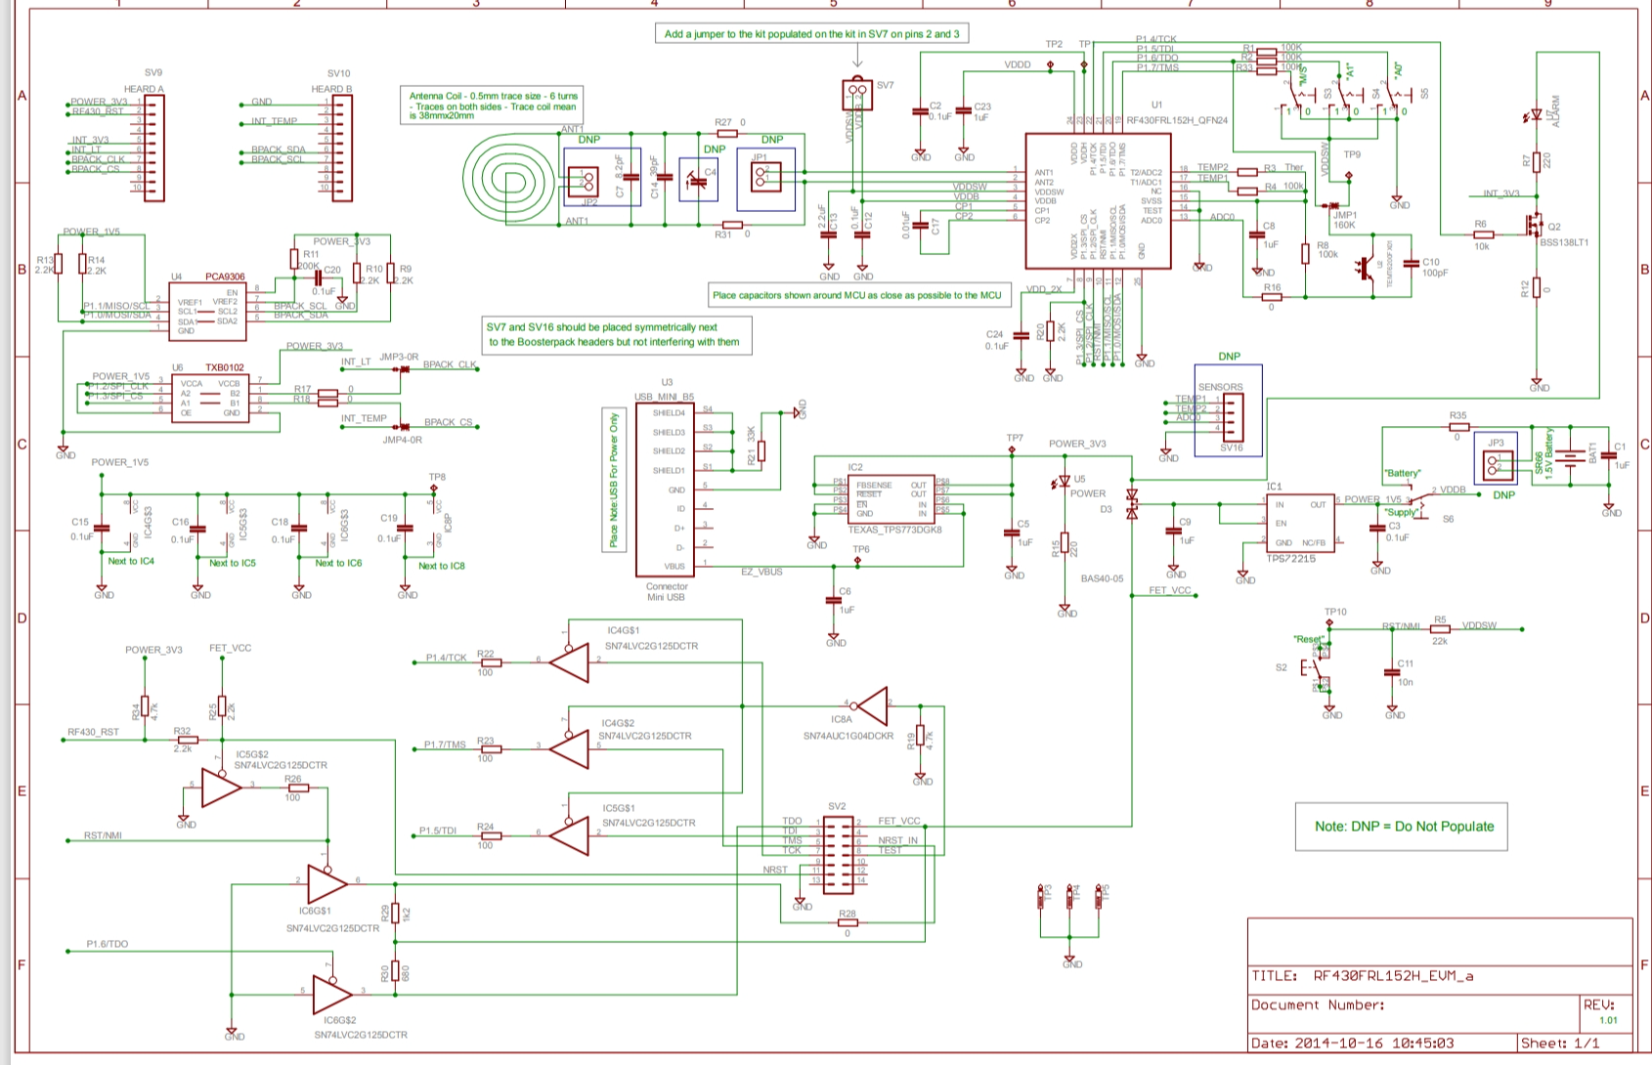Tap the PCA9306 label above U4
[x=225, y=277]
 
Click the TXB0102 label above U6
[x=224, y=368]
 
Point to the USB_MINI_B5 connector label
[x=664, y=397]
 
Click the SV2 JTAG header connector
[x=837, y=856]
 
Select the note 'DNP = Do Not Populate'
[x=1404, y=827]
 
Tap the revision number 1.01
[x=1608, y=1020]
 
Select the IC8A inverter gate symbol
[x=870, y=704]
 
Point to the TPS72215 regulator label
[x=1290, y=559]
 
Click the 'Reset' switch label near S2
[x=1308, y=639]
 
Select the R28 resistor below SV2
[x=847, y=922]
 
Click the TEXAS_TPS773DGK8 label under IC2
[x=893, y=529]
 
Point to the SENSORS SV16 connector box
[x=1228, y=410]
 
